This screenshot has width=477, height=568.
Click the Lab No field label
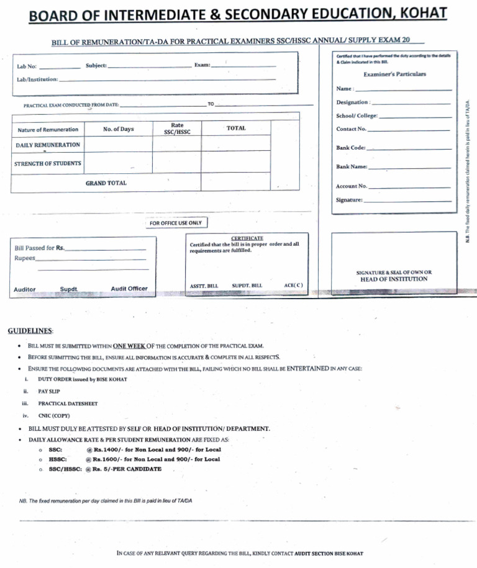27,66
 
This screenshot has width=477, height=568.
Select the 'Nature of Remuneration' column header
48,130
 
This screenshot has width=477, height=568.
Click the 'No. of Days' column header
118,129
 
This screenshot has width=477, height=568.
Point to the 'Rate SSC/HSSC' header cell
176,128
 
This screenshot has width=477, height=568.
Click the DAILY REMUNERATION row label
48,145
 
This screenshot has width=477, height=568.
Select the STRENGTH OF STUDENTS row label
48,163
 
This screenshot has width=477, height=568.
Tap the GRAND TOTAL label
106,183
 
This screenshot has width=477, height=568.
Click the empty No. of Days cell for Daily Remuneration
118,145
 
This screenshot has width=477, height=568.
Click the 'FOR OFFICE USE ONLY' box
176,223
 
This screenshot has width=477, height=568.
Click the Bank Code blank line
409,149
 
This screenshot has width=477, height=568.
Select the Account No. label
352,186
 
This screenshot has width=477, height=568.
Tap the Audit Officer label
129,289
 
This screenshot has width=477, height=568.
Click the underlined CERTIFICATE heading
247,238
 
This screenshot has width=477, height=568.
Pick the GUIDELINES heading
30,330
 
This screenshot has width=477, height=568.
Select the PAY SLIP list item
49,392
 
